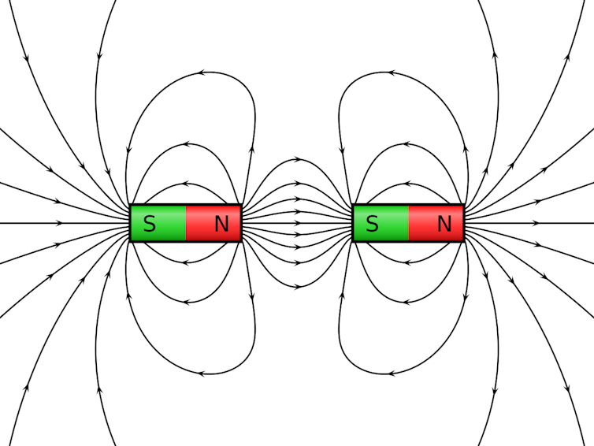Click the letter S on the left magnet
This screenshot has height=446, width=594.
coord(150,224)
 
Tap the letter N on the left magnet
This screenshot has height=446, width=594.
coord(221,224)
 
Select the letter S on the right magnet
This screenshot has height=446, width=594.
coord(373,224)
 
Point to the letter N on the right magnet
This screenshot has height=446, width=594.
coord(444,224)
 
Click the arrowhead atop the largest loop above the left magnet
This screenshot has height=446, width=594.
coord(202,72)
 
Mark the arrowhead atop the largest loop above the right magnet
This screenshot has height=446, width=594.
coord(392,72)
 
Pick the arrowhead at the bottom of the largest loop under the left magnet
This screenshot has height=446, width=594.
coord(202,374)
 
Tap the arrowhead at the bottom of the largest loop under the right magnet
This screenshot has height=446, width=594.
coord(392,374)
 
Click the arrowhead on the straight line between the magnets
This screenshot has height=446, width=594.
coord(298,223)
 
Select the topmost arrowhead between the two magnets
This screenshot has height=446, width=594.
coord(299,159)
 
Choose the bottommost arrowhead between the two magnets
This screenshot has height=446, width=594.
coord(299,287)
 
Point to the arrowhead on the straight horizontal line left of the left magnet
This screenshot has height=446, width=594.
coord(59,223)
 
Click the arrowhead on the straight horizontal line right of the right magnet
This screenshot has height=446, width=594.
coord(535,223)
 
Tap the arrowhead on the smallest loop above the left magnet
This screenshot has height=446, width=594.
coord(186,184)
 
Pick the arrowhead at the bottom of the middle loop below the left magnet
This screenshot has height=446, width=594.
coord(186,302)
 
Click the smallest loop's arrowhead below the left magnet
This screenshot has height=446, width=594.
coord(186,262)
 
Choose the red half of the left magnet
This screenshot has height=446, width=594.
coord(213,223)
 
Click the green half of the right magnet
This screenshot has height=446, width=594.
coord(381,223)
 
